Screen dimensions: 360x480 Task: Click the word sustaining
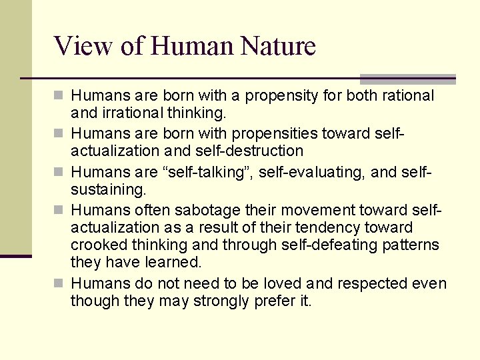coord(108,189)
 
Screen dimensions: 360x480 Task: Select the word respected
coord(369,283)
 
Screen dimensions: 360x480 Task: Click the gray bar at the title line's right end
coord(407,79)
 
